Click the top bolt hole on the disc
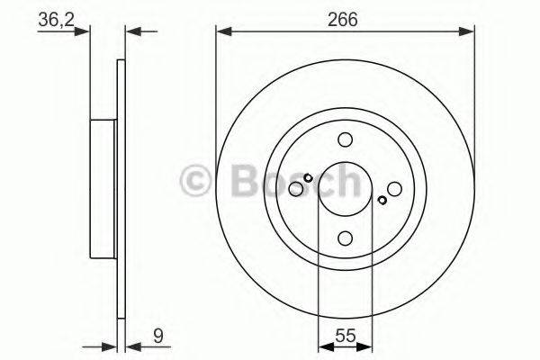click(345, 139)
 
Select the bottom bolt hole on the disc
click(345, 238)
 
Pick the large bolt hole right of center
click(393, 188)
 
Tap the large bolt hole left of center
click(296, 188)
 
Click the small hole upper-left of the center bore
click(308, 177)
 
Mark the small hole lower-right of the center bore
click(382, 200)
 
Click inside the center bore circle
click(345, 188)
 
